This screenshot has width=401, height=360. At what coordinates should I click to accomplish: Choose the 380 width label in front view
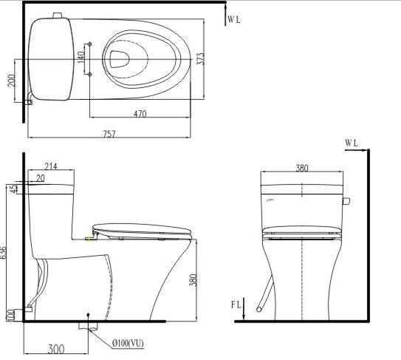(302, 168)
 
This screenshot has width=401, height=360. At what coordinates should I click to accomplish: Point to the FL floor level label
(235, 305)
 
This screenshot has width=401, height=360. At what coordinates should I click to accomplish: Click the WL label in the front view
(352, 142)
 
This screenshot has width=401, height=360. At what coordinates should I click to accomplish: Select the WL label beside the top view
(233, 19)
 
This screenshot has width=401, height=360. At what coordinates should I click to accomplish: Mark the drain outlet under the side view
(89, 323)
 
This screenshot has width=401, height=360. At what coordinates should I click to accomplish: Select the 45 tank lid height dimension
(15, 189)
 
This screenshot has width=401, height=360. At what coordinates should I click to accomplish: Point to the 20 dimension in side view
(38, 178)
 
